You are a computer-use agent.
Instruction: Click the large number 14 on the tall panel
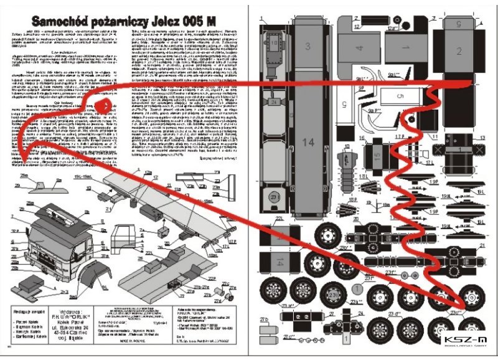click(x=308, y=143)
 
